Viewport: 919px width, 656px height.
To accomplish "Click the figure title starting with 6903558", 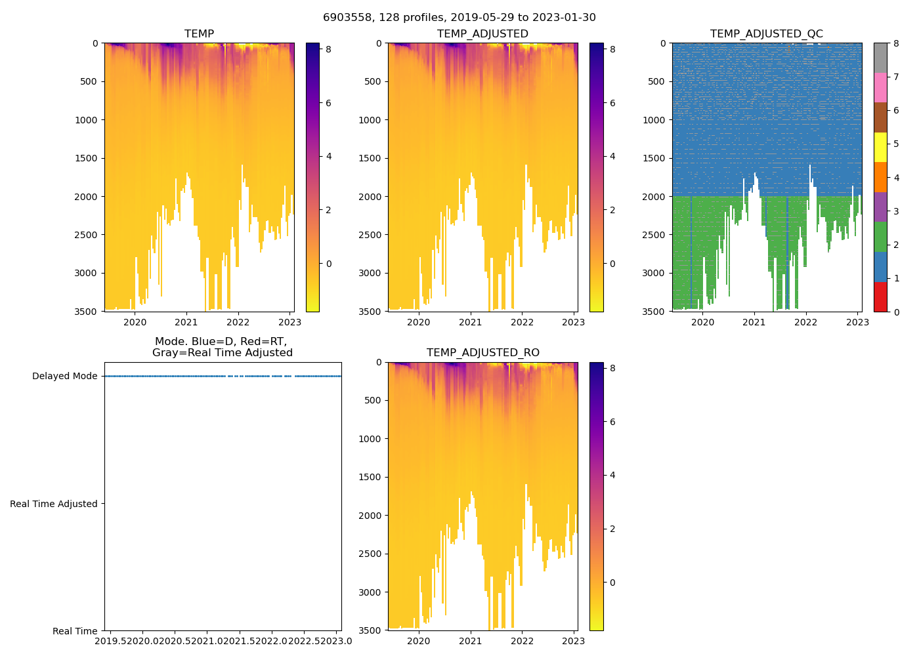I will (x=460, y=18).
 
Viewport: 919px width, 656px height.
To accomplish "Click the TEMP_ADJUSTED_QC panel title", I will (x=766, y=34).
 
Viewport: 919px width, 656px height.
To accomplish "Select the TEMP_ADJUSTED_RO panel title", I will (x=482, y=353).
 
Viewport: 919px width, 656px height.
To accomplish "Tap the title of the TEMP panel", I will (x=199, y=34).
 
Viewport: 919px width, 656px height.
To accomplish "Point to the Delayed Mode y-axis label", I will (x=64, y=377).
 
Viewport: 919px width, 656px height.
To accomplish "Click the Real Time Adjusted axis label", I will (x=53, y=504).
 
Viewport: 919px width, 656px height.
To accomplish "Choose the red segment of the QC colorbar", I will (x=880, y=297).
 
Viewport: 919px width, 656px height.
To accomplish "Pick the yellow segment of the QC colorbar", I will (x=880, y=147).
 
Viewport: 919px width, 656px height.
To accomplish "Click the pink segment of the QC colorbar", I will (x=880, y=87).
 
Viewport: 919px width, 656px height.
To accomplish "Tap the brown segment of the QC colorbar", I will (x=880, y=117).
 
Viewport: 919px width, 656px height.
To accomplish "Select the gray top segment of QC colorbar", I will (x=880, y=58).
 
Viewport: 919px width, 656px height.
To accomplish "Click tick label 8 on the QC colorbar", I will (x=895, y=43).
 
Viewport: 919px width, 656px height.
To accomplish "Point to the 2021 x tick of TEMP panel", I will (x=186, y=322).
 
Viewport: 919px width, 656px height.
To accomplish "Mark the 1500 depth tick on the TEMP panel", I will (x=88, y=158).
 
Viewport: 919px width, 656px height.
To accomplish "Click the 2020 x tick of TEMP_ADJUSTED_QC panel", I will (x=702, y=322).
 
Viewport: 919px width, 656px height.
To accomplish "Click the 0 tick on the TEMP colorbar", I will (x=329, y=264).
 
